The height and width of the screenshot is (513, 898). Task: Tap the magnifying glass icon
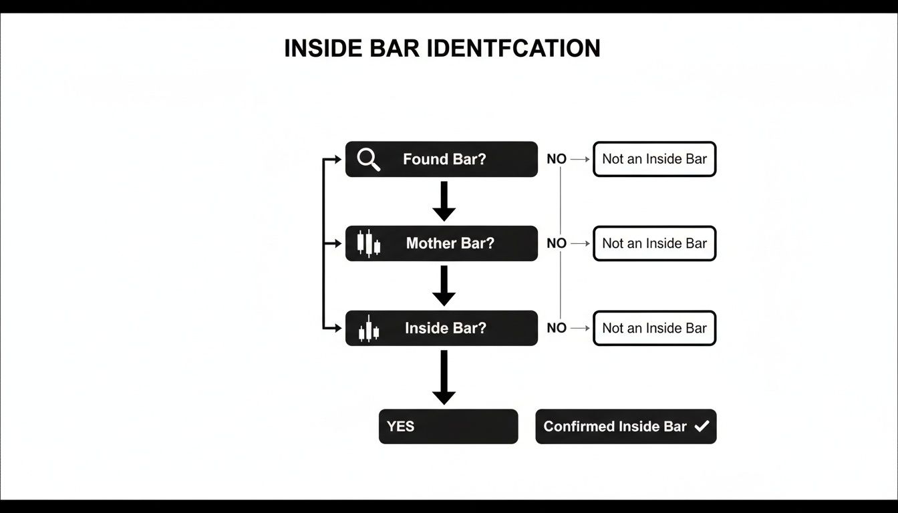tap(368, 159)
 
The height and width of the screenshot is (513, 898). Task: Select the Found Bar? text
tap(444, 160)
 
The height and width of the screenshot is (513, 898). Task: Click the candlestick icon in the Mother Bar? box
tap(368, 244)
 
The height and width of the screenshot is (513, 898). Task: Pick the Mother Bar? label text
tap(450, 244)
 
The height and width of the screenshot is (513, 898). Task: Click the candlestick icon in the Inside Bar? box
tap(368, 329)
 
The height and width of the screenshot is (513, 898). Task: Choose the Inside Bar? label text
tap(445, 329)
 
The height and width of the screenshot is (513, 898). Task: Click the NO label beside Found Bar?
tap(556, 160)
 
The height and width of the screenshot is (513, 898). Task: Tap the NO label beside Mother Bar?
tap(556, 244)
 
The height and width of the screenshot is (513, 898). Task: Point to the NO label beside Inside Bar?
tap(556, 329)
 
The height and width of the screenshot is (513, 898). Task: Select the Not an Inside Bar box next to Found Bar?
tap(654, 159)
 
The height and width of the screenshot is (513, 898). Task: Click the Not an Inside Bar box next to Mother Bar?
tap(654, 244)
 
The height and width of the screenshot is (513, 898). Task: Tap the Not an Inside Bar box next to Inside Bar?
tap(654, 328)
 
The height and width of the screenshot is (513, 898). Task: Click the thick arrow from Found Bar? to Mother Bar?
tap(444, 201)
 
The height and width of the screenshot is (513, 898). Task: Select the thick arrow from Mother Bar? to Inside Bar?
tap(444, 286)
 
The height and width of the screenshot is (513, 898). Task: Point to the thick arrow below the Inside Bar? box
tap(444, 377)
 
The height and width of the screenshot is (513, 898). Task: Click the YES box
tap(448, 426)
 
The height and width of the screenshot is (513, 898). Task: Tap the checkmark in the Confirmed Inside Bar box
tap(702, 426)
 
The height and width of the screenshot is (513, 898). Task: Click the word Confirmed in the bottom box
tap(579, 427)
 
